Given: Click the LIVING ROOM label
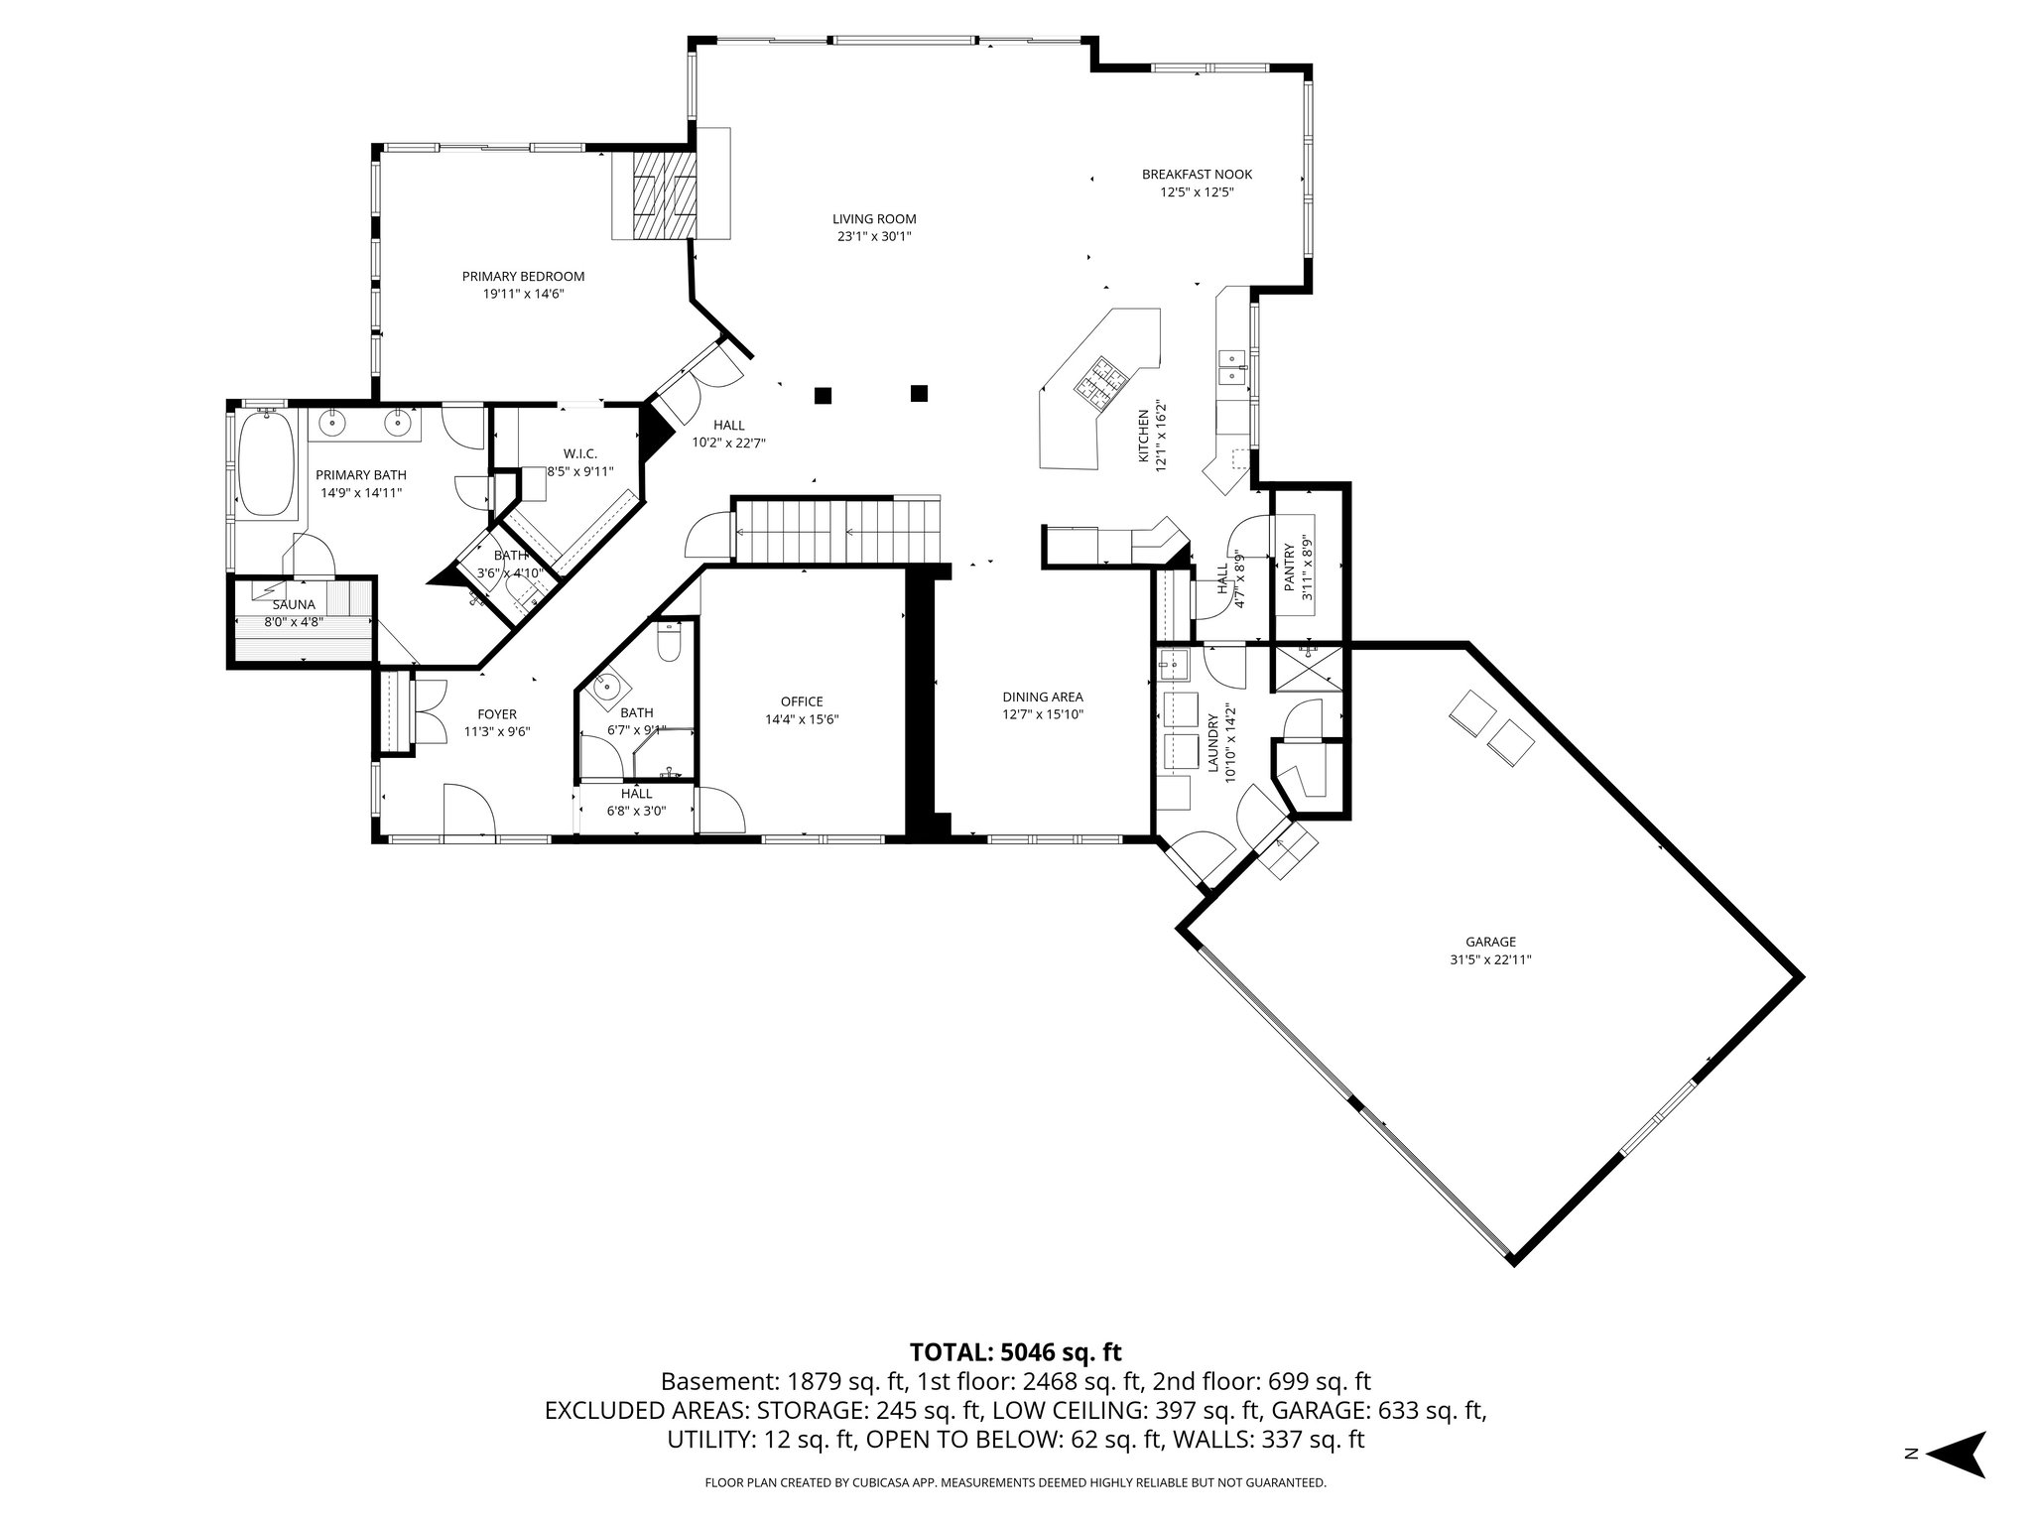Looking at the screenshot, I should point(873,219).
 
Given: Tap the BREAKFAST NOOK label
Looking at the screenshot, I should point(1197,175).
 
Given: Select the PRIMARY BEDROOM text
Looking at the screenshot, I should point(523,277).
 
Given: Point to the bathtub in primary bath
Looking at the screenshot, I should point(267,463).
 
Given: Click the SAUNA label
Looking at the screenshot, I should point(294,604).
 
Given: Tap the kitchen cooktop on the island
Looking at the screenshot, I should point(1098,382).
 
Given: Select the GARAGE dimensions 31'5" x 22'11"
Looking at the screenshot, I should point(1490,959).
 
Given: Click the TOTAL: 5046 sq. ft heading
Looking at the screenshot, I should point(1015,1351).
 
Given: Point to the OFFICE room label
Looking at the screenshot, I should point(802,701).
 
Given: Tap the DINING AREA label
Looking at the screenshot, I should point(1042,697).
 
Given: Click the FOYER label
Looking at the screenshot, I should point(497,714).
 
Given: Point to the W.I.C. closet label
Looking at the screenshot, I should point(580,454).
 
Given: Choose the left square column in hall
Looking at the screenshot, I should point(823,395).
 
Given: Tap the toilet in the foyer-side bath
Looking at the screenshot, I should point(671,644).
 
